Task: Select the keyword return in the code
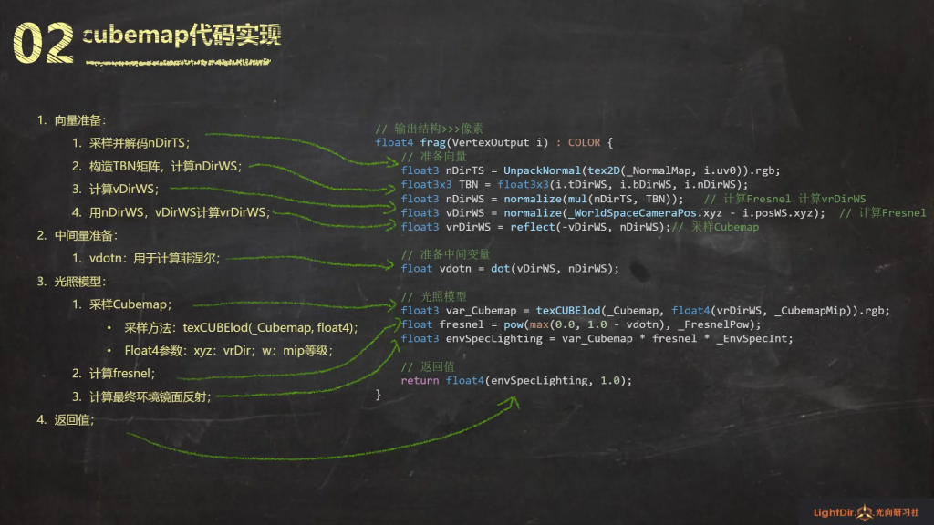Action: coord(420,380)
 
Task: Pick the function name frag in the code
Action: coord(432,143)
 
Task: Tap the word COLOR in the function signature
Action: coord(586,143)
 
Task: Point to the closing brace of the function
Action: coord(379,394)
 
